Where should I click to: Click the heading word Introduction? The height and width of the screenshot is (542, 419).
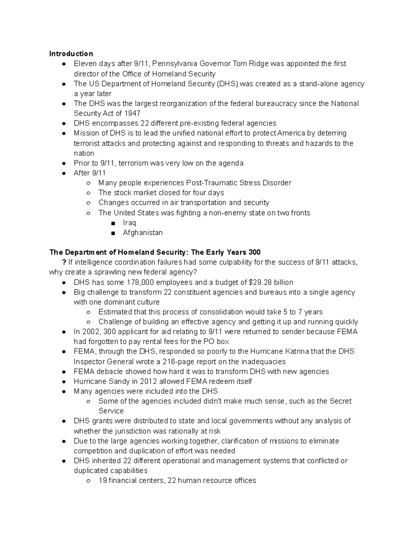(71, 54)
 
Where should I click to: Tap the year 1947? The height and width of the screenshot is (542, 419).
(132, 113)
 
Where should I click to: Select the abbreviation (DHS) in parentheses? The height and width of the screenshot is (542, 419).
(228, 84)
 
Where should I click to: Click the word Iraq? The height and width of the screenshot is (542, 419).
(129, 223)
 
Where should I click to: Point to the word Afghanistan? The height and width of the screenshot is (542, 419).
(142, 233)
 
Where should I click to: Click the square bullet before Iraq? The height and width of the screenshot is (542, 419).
(113, 223)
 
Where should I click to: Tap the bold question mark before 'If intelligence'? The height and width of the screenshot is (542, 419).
(63, 262)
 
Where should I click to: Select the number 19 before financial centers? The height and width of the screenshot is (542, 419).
(103, 481)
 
